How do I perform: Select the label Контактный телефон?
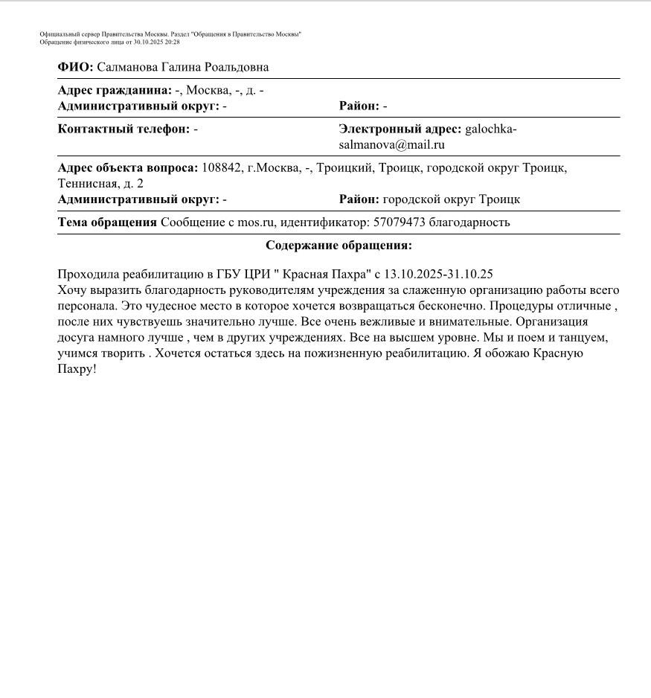(124, 129)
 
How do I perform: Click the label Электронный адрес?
(400, 129)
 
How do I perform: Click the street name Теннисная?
(85, 183)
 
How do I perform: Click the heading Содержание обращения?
(339, 246)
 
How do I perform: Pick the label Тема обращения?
(107, 222)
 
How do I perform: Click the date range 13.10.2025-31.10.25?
(438, 274)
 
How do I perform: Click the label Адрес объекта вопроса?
(128, 167)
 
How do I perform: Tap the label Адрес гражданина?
(115, 91)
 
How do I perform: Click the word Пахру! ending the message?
(77, 368)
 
